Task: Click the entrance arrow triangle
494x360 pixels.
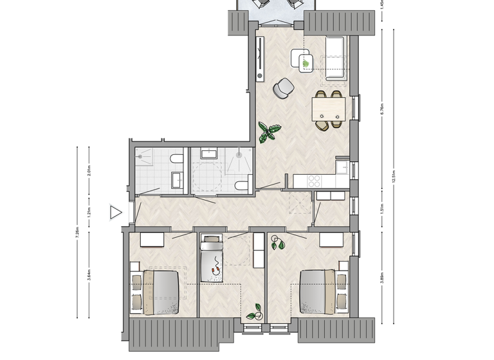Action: pos(116,212)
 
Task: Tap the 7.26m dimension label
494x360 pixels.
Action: pos(77,231)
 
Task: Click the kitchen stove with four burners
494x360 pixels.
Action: pos(315,180)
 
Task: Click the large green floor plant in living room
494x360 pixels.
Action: pos(269,133)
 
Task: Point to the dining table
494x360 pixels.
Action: pos(328,108)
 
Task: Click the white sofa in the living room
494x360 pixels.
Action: pos(336,60)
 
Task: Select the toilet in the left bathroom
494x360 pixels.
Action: pos(176,161)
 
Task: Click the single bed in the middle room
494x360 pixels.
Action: pos(211,258)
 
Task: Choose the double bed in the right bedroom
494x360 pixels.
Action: pos(319,291)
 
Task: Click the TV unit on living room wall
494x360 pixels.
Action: pos(260,57)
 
